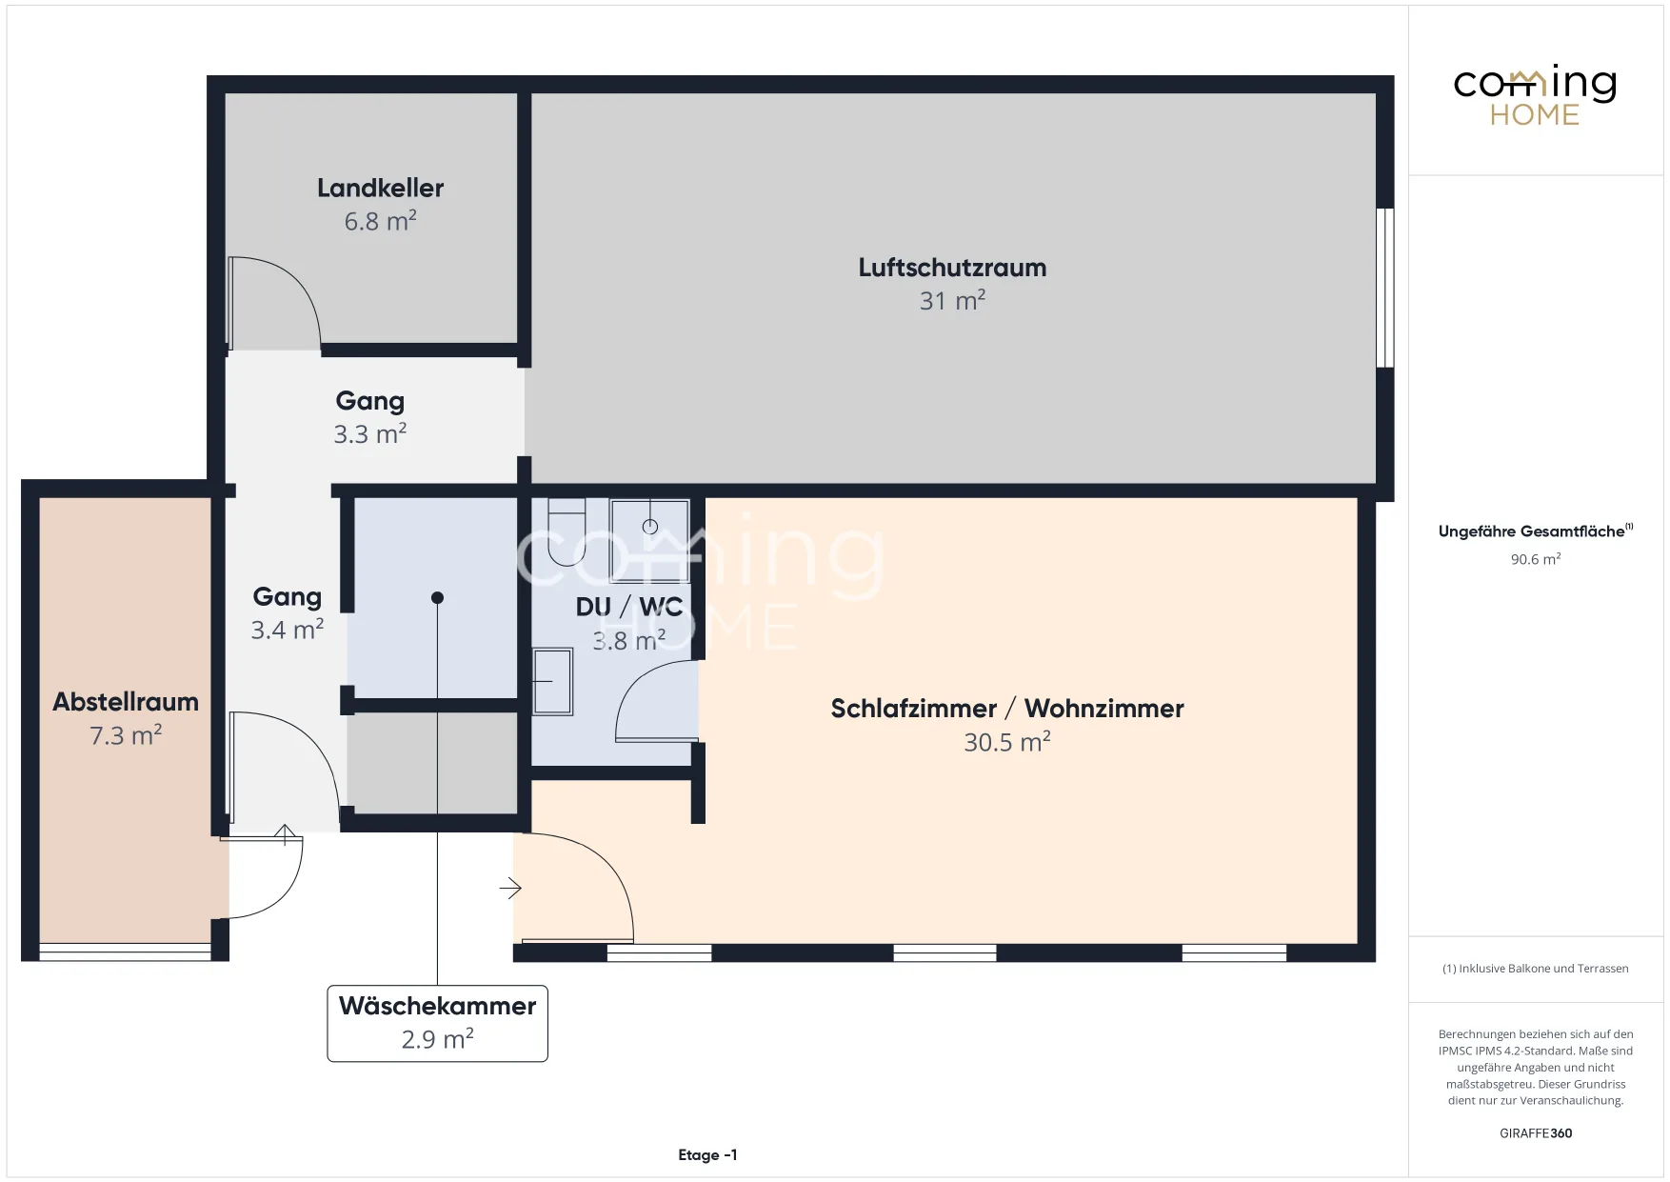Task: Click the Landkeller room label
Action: point(380,188)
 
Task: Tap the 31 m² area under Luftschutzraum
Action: point(952,300)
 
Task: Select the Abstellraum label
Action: point(126,702)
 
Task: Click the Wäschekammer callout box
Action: point(437,1023)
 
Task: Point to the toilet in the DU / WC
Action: point(567,532)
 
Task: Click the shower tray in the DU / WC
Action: point(650,540)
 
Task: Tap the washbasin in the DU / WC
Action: point(552,682)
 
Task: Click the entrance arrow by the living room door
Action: point(510,889)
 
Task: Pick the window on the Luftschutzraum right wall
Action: point(1385,288)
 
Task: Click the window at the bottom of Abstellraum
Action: point(125,951)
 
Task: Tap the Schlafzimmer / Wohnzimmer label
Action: point(1007,709)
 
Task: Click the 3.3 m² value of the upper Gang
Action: point(370,434)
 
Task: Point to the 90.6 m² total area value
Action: point(1536,559)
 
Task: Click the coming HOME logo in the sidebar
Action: point(1535,95)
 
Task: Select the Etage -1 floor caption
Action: point(707,1155)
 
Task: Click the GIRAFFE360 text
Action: point(1536,1133)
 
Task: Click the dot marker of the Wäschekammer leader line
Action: point(437,598)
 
